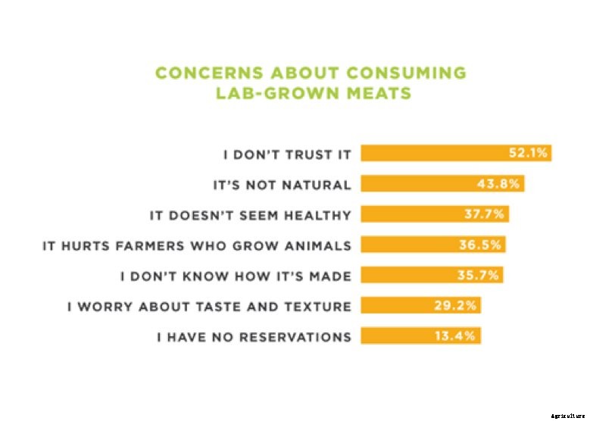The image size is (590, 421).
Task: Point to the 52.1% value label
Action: click(528, 153)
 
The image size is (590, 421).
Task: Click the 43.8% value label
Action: click(501, 184)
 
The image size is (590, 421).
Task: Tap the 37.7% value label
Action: click(485, 214)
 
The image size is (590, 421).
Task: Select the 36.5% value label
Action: click(481, 245)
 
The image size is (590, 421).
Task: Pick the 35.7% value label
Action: click(479, 276)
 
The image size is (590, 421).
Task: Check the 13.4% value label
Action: click(455, 336)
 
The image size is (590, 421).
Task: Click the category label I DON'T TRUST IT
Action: click(287, 154)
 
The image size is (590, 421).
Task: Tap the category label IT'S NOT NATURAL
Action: click(281, 184)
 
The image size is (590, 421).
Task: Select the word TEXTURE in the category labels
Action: click(318, 307)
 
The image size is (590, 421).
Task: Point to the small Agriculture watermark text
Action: click(568, 416)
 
